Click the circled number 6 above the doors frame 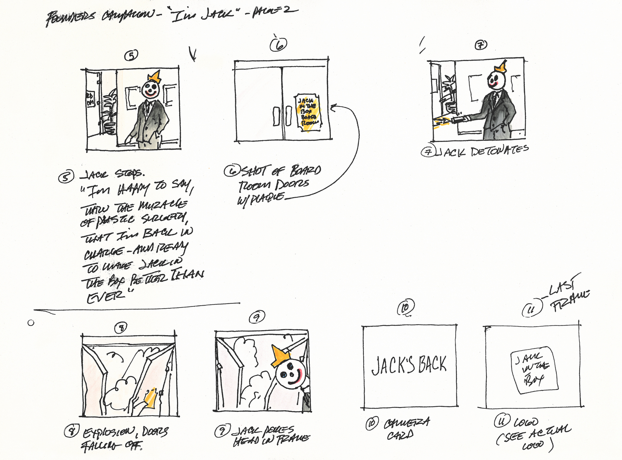tap(279, 44)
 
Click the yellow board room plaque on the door tap(308, 112)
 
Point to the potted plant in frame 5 tap(109, 113)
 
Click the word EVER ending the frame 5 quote tap(105, 297)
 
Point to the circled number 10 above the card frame tap(405, 308)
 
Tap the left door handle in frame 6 tap(276, 116)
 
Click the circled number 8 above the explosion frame tap(121, 328)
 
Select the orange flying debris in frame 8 tap(150, 399)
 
